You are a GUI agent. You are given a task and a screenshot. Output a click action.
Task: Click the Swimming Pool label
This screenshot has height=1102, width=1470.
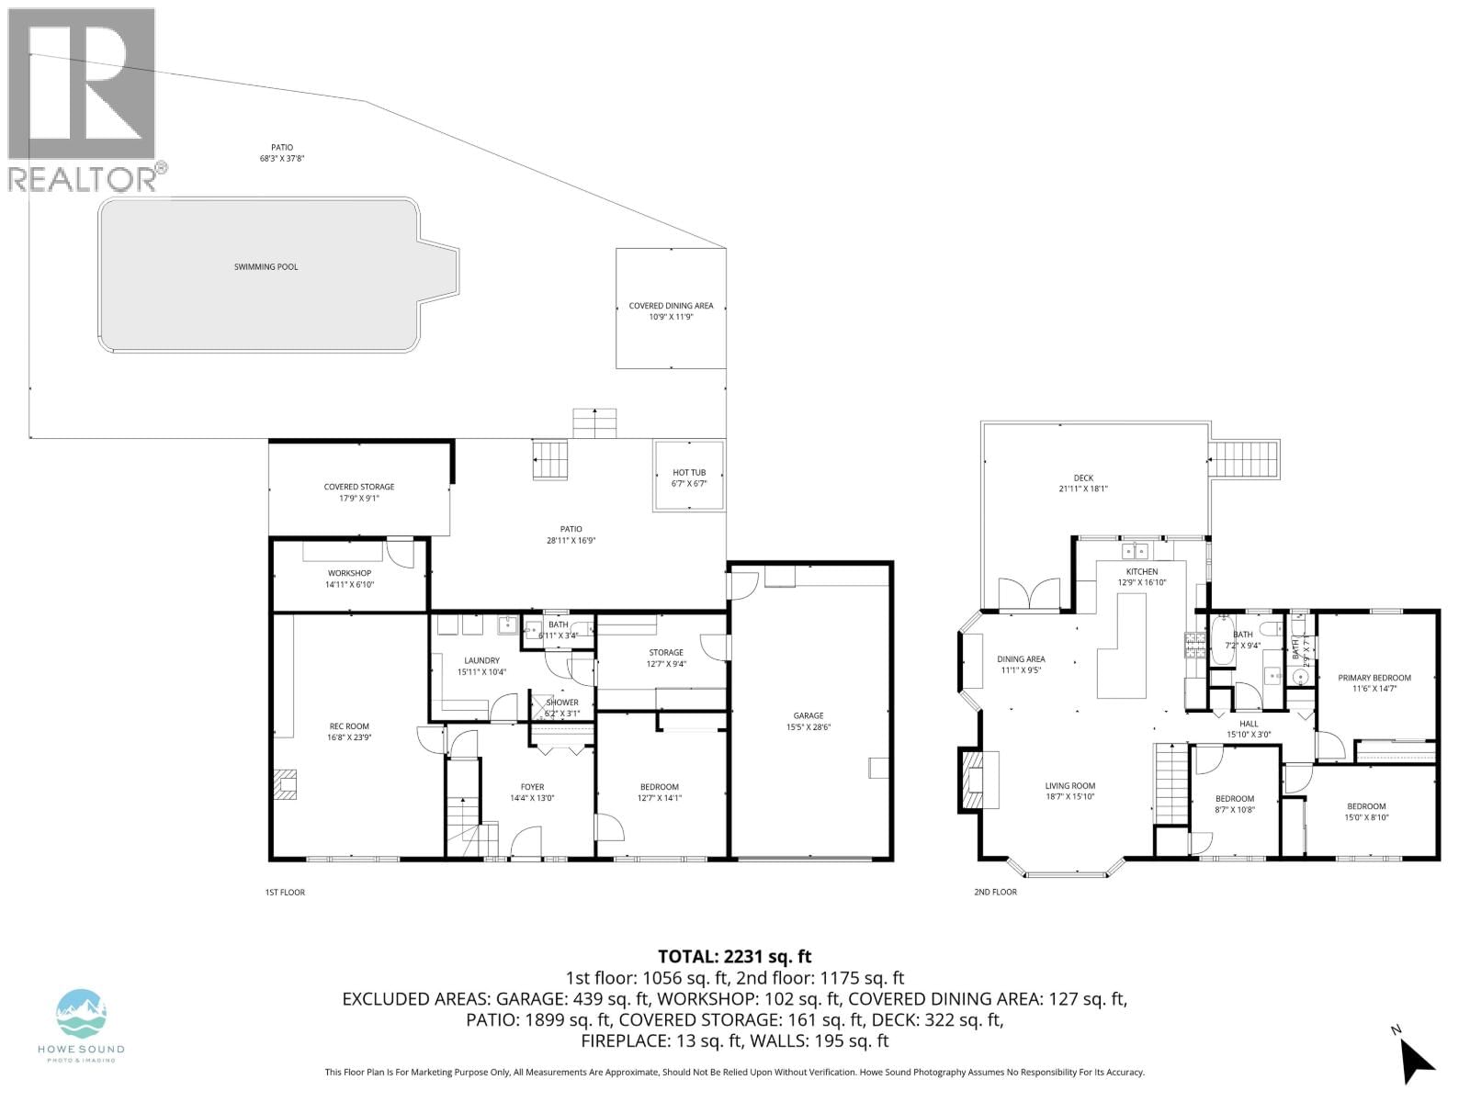point(266,267)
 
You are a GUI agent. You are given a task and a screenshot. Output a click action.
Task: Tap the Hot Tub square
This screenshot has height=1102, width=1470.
point(689,477)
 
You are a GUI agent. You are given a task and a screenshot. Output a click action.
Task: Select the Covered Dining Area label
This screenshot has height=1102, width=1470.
point(671,306)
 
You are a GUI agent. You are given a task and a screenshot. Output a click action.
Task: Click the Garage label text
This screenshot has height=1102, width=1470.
point(808,715)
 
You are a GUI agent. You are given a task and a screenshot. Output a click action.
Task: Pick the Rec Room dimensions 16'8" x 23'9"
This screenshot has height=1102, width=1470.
point(349,737)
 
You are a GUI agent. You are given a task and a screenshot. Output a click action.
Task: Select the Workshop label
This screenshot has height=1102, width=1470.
point(349,573)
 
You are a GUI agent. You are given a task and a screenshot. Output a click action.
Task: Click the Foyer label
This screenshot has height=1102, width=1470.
point(532,787)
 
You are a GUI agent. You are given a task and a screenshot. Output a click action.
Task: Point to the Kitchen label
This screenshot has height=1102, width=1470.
point(1142,571)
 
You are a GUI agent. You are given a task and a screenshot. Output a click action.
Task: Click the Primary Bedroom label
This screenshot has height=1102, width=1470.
point(1374,678)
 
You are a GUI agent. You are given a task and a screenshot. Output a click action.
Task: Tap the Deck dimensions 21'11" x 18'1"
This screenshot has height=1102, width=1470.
point(1083,489)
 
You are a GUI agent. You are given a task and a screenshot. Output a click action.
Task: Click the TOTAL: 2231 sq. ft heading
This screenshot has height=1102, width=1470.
point(734,956)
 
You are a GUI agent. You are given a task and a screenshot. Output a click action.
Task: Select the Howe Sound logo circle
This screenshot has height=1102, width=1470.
point(82,1014)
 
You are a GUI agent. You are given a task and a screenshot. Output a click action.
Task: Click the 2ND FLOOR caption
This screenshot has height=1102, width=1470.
point(995,892)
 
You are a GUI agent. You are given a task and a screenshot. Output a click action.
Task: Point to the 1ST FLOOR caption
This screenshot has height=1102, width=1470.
point(285,892)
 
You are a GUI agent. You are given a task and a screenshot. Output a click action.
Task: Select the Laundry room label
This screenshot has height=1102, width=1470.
point(481,660)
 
